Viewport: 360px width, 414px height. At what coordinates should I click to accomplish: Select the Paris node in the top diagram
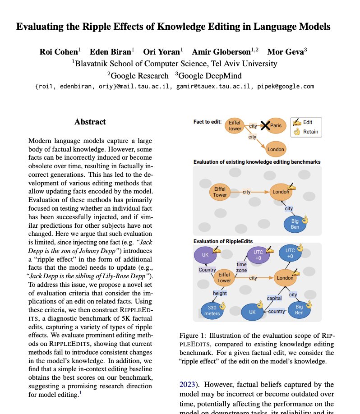point(276,126)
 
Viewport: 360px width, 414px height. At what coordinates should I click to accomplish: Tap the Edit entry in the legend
point(307,122)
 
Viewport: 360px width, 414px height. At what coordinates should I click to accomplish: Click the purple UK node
point(205,255)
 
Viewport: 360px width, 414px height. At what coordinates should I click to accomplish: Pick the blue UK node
point(252,312)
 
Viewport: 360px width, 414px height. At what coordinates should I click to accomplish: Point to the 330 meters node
point(211,311)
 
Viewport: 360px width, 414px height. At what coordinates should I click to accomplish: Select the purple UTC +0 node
point(258,255)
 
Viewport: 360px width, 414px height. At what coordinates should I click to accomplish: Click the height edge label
point(220,293)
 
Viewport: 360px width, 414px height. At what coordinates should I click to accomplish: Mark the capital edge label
point(274,299)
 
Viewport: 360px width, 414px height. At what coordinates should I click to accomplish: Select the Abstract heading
point(90,122)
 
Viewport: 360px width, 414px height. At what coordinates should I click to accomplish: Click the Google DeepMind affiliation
point(208,75)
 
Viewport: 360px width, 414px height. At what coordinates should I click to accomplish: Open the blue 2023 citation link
point(189,385)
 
